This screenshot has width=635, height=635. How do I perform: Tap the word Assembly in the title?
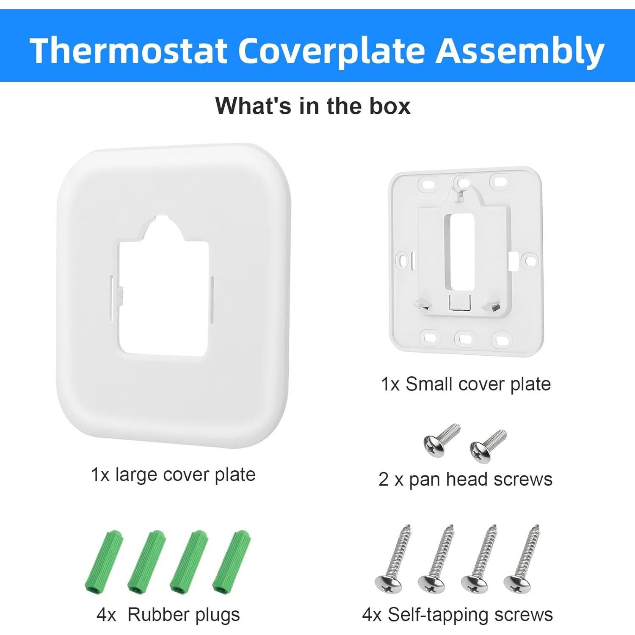(x=520, y=51)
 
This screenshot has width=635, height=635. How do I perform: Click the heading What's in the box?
(x=313, y=105)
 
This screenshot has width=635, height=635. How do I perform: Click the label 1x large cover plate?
(x=173, y=475)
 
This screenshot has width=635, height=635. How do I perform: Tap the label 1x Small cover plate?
(x=466, y=384)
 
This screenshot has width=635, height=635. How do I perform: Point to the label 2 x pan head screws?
(x=465, y=479)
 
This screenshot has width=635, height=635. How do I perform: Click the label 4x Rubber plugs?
(x=168, y=614)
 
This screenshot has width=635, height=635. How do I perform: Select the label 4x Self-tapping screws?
(x=457, y=614)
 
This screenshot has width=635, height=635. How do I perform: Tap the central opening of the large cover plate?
(x=163, y=296)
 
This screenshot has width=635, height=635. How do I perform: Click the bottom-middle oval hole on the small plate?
(x=464, y=339)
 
